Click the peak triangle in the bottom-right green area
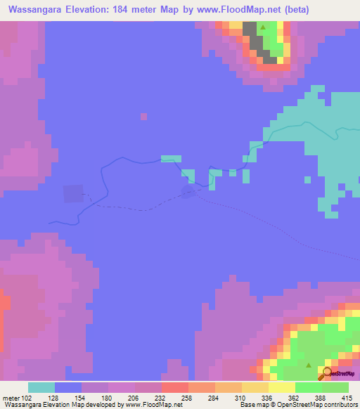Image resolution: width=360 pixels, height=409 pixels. click(x=309, y=365)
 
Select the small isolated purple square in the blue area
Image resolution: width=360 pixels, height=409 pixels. click(x=143, y=116)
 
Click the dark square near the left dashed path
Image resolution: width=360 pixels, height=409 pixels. click(x=72, y=193)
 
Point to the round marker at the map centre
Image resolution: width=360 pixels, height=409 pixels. click(x=188, y=190)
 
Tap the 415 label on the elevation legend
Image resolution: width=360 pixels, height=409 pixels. click(x=348, y=397)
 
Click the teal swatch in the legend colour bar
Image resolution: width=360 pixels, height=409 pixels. click(x=41, y=387)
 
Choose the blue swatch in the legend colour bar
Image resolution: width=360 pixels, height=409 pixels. click(x=68, y=387)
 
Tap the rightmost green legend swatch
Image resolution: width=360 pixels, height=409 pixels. click(x=335, y=387)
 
